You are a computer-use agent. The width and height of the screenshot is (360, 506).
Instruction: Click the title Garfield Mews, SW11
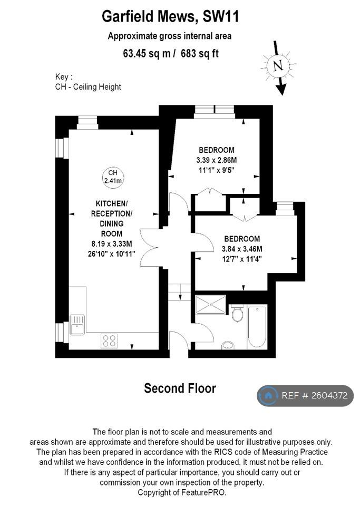tap(170, 16)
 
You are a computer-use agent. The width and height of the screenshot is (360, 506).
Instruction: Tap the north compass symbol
tap(279, 67)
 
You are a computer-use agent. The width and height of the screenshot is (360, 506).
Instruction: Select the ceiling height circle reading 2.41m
tap(113, 177)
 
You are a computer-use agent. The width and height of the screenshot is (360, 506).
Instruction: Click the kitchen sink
tap(77, 325)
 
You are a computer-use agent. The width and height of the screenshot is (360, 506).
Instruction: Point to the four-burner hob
tap(109, 341)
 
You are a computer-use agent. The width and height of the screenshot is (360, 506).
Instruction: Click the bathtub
tap(257, 327)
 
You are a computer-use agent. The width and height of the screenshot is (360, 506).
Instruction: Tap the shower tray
tap(211, 304)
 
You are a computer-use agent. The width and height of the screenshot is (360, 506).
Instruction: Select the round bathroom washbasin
tap(228, 345)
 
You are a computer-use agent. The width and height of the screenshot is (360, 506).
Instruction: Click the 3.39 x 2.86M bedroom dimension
tap(217, 160)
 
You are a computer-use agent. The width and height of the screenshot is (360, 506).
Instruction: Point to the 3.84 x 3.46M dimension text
tap(242, 249)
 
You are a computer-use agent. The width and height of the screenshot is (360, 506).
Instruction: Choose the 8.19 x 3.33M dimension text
tap(112, 244)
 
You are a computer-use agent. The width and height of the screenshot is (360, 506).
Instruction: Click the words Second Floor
tap(180, 388)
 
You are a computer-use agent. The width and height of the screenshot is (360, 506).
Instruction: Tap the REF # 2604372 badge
tap(305, 396)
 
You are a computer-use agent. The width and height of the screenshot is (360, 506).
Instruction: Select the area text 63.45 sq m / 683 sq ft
tap(171, 53)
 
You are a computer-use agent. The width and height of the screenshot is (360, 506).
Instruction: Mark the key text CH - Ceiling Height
tap(88, 87)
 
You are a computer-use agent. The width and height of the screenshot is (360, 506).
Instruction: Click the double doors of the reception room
tap(149, 248)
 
